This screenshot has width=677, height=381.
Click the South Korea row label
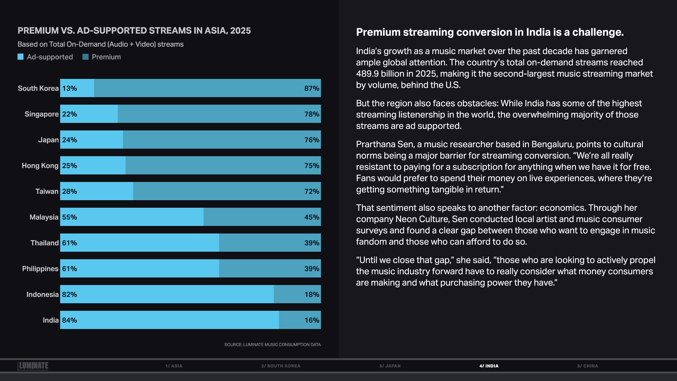coord(38,88)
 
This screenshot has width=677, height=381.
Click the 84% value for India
coord(69,320)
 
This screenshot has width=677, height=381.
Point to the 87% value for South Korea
coord(312,88)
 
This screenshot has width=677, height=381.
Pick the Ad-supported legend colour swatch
coord(21,57)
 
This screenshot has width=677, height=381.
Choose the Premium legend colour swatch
coord(85,57)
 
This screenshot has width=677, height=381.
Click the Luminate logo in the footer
coord(33,366)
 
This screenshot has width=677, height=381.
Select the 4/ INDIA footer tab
coord(489,366)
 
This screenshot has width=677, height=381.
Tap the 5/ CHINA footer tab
coord(588,366)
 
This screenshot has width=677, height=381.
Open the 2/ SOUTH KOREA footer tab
coord(281,366)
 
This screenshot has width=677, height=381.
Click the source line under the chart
coord(272,345)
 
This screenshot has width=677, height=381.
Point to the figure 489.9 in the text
coord(367,74)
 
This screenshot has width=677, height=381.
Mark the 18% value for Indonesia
coord(312,294)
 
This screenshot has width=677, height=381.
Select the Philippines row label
coord(40,269)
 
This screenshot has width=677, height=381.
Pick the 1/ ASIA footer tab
coord(174,366)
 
